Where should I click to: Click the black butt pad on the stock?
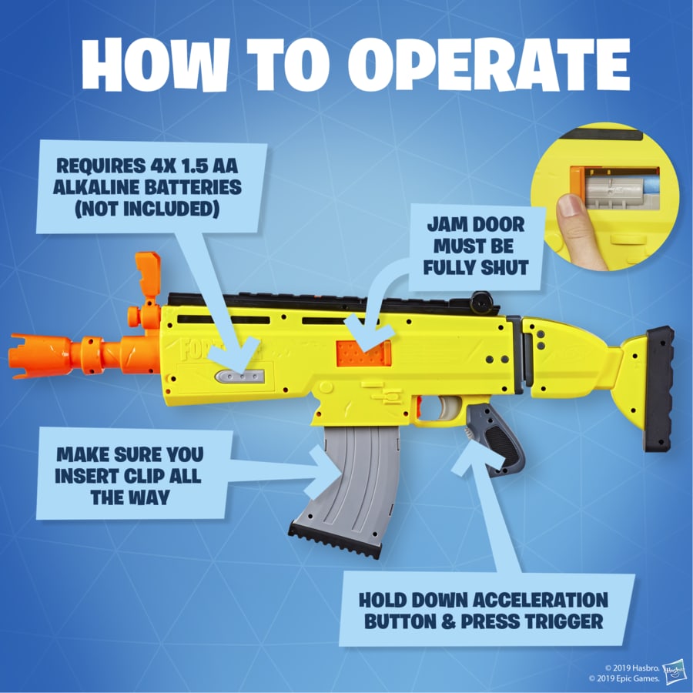pos(659,388)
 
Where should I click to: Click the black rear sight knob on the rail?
pos(483,300)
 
